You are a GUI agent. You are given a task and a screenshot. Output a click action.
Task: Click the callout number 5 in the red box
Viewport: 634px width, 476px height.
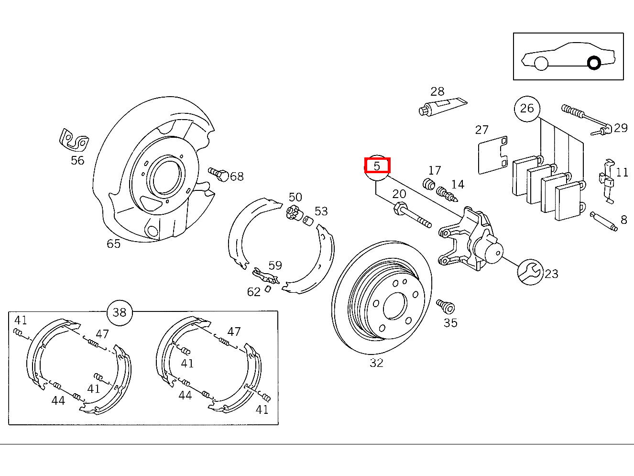tap(377, 166)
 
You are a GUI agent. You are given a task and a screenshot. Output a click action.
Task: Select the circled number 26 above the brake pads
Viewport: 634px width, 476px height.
tap(527, 109)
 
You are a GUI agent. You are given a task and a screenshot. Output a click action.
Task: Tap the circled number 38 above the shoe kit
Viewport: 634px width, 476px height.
tap(120, 312)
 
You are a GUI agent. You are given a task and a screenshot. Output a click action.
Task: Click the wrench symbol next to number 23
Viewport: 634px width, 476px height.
tap(530, 272)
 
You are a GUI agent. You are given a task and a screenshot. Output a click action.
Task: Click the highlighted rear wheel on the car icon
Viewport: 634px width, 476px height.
tap(594, 63)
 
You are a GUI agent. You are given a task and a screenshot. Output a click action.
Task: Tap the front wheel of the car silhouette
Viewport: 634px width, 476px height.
tap(541, 63)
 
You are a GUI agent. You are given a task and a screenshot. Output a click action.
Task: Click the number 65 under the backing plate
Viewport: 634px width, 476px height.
tap(113, 244)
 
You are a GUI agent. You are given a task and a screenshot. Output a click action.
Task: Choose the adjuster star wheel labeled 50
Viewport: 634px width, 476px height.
tap(293, 211)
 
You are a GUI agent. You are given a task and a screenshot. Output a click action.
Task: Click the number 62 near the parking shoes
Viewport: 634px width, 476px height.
tap(254, 292)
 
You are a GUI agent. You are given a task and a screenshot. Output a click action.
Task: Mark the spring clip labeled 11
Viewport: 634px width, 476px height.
tap(607, 181)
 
